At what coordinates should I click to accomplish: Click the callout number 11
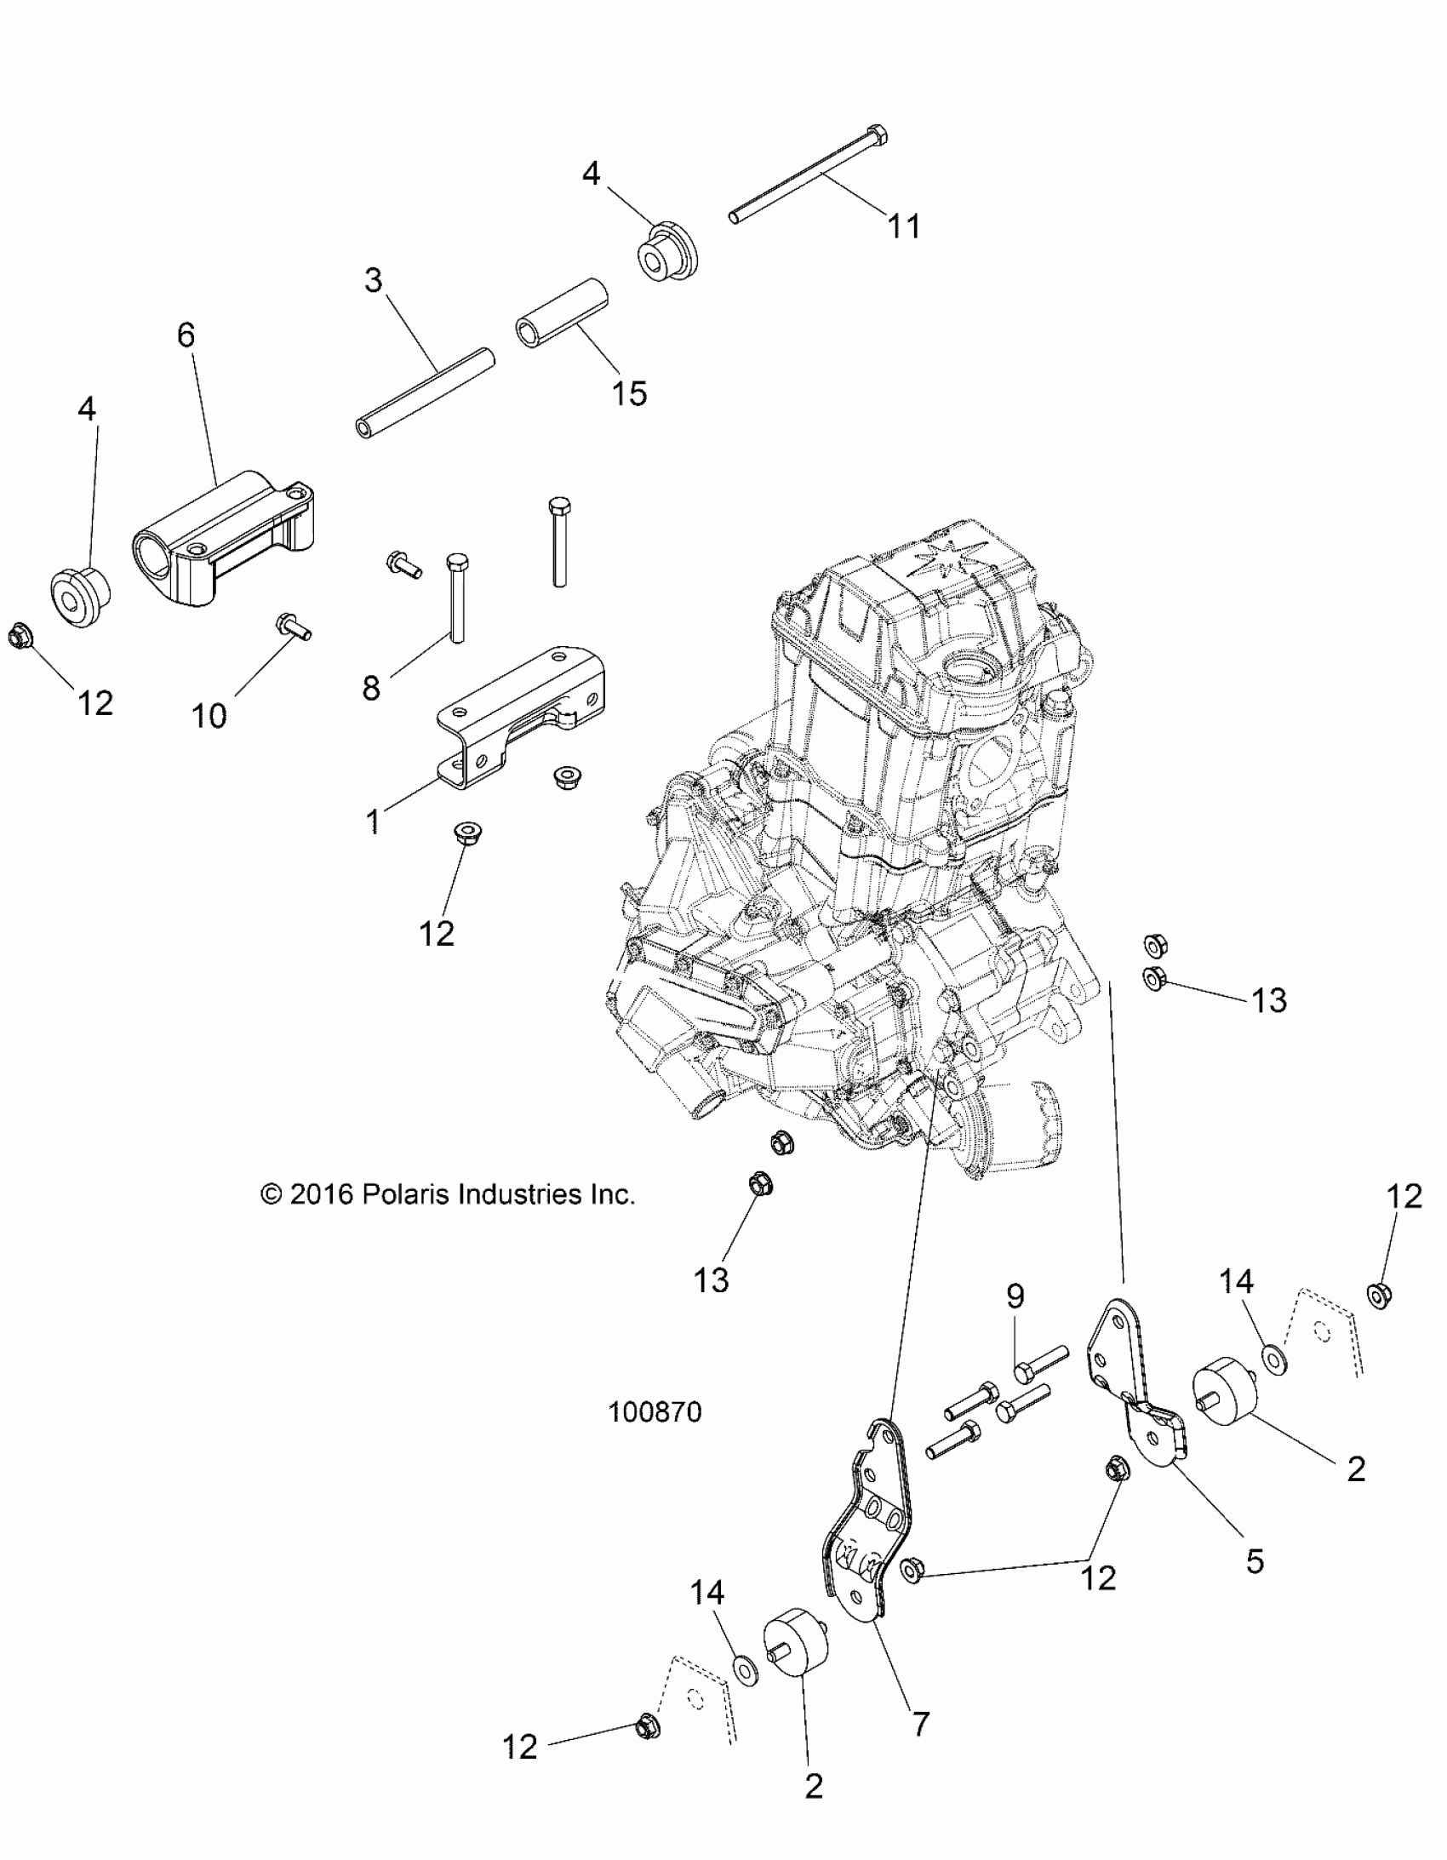[x=904, y=226]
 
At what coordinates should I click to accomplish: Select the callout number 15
[x=629, y=393]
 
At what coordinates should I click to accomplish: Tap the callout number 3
[x=373, y=280]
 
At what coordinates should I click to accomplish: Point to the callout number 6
[x=186, y=335]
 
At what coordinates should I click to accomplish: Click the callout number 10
[x=209, y=715]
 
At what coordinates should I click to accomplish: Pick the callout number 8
[x=371, y=687]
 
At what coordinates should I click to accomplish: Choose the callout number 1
[x=372, y=821]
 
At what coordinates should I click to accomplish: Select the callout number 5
[x=1255, y=1561]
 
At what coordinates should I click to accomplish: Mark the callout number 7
[x=920, y=1724]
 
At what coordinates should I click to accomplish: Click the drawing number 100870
[x=655, y=1412]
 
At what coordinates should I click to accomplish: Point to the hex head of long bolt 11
[x=878, y=134]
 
